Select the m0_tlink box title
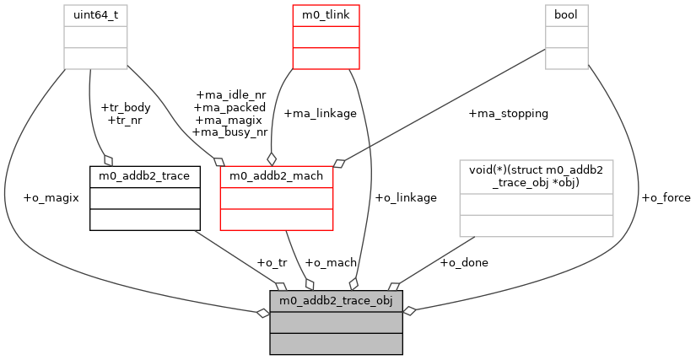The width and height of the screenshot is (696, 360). coord(326,14)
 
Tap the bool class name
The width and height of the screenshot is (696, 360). coord(567,14)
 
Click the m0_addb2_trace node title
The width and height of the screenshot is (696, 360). coord(145,175)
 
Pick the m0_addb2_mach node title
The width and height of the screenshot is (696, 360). coord(276,175)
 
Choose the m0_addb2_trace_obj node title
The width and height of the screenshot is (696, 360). coord(336,301)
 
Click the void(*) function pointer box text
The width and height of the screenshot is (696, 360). coord(536,176)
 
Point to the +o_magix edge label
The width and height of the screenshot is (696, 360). coord(51,198)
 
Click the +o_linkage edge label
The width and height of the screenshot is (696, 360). coord(405,198)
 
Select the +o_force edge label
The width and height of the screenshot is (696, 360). coord(666,198)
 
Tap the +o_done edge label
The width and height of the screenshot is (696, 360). coord(464,262)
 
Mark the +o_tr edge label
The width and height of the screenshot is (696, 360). coord(272,262)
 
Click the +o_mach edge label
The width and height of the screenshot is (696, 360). coord(331,262)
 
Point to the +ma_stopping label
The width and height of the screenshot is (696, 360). coord(508,113)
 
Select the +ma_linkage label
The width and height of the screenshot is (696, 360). coord(320,113)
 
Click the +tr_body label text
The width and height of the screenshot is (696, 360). coord(125,108)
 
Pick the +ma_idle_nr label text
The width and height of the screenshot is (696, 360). coord(230,95)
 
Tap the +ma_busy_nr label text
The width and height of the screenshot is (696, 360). coord(229,132)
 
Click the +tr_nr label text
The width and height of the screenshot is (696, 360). coord(125,120)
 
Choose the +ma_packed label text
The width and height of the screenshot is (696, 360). coord(229,107)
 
